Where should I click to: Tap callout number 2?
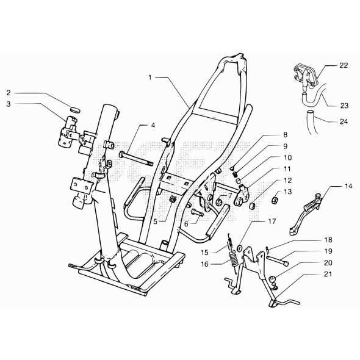pyautogui.click(x=9, y=93)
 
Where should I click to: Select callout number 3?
pyautogui.click(x=9, y=104)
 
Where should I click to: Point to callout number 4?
pyautogui.click(x=153, y=126)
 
